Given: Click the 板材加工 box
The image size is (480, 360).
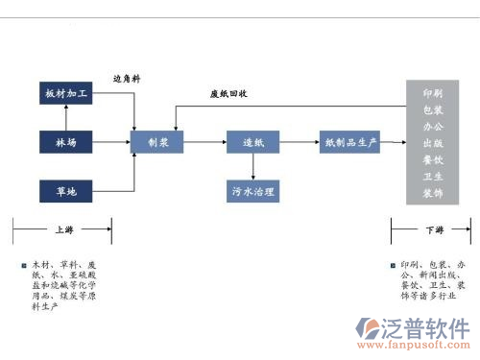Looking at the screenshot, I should (65, 94).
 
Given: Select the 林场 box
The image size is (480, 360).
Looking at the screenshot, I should (65, 143).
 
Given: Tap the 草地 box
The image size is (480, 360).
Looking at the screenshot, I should (65, 192).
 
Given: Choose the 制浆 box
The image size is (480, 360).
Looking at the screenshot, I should (158, 143).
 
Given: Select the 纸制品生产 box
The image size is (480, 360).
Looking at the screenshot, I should (351, 143).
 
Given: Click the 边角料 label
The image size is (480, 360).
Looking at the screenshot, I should (127, 80).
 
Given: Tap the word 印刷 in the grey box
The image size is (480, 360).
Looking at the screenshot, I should (433, 93).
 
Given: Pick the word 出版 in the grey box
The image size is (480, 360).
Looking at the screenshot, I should (433, 143).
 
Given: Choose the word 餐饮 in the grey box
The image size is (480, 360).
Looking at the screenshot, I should (433, 159).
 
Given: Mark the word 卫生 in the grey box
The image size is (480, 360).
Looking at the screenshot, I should (433, 177).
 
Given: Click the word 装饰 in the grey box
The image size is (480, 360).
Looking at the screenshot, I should (433, 193).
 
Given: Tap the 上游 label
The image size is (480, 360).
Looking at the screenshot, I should (61, 230).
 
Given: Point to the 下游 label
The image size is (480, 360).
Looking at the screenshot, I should (433, 230).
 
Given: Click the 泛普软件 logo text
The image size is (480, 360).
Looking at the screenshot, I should (420, 324).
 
